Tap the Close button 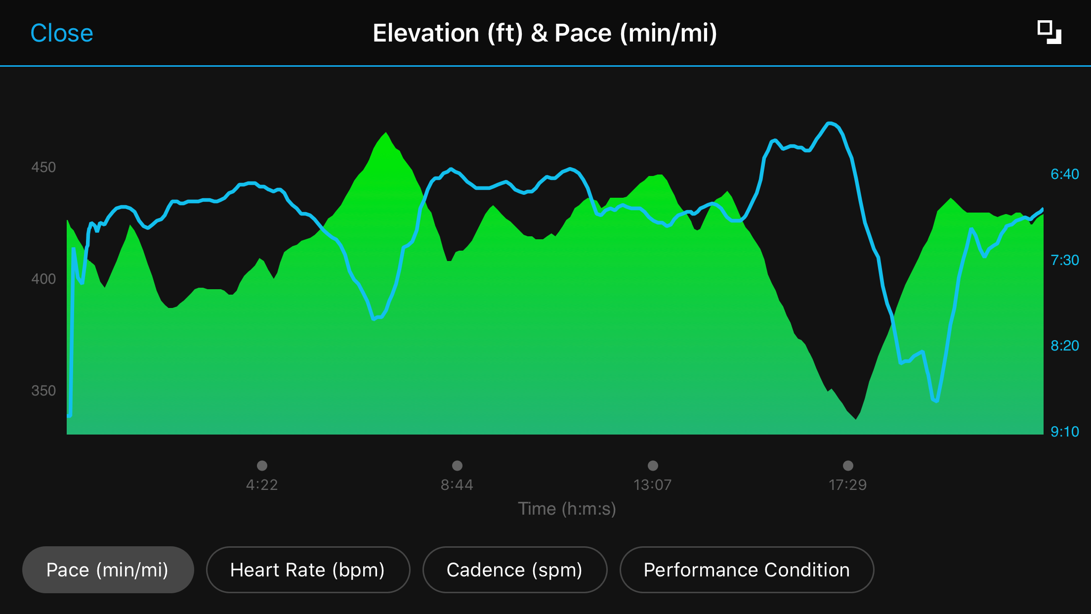click(x=62, y=34)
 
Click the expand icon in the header click(x=1049, y=33)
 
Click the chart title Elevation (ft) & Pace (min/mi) click(x=545, y=34)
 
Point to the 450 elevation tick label click(x=43, y=167)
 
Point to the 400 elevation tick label click(x=43, y=279)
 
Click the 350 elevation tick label click(x=43, y=391)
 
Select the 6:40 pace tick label click(x=1064, y=174)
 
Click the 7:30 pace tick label click(x=1064, y=260)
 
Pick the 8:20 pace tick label click(x=1064, y=346)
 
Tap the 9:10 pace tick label click(x=1064, y=432)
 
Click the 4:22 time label click(x=262, y=484)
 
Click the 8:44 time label click(x=457, y=484)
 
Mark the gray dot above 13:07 click(x=653, y=466)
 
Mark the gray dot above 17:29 click(x=848, y=466)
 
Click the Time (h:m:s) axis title click(x=567, y=509)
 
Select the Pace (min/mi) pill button click(x=108, y=570)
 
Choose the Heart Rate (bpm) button click(x=307, y=570)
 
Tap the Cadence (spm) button click(x=514, y=570)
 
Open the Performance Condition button click(x=747, y=570)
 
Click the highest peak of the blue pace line click(x=830, y=123)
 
